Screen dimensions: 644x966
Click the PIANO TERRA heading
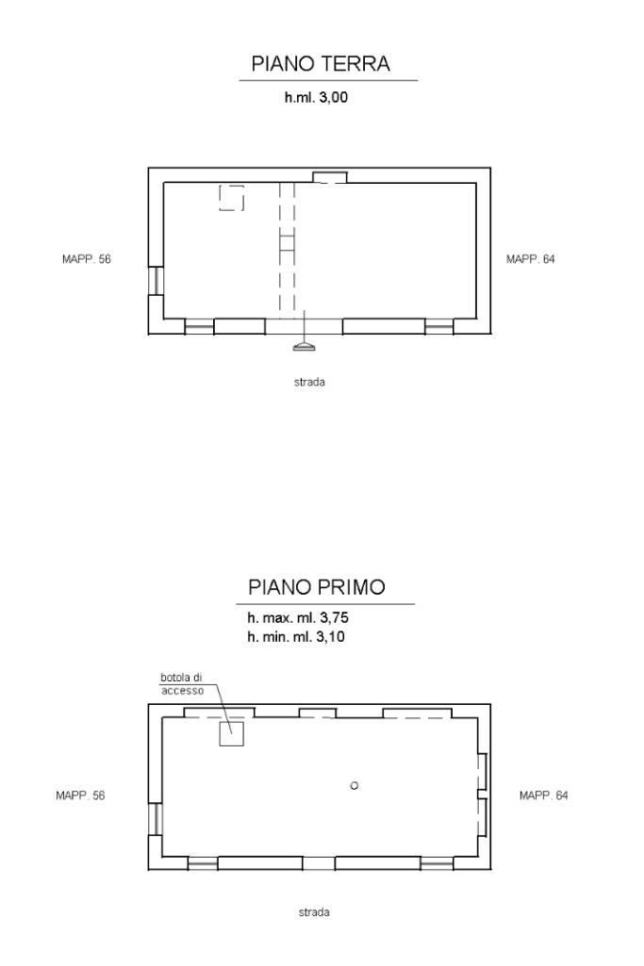[x=321, y=63]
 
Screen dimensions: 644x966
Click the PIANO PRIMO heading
[x=317, y=586]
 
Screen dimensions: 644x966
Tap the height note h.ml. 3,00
[x=316, y=97]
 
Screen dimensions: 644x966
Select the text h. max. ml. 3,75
[x=298, y=617]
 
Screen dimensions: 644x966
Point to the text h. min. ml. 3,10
[x=296, y=637]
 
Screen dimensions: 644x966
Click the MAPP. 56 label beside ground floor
[x=87, y=259]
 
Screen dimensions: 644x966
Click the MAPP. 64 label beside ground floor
[x=530, y=259]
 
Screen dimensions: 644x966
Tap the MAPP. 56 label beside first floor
[x=80, y=795]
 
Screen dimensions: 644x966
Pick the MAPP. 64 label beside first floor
[x=543, y=795]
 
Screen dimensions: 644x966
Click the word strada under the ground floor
[x=309, y=382]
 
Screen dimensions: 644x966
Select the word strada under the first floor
[x=314, y=912]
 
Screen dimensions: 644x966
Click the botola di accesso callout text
[x=182, y=684]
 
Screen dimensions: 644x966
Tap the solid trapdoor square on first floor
[x=232, y=734]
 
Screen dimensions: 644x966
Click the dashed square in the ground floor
[x=232, y=198]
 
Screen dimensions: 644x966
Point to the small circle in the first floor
[x=355, y=785]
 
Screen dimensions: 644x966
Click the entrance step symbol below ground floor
[x=305, y=347]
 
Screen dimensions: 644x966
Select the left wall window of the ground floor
[x=156, y=281]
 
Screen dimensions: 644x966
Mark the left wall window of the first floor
[x=156, y=819]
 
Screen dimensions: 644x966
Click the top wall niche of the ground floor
[x=330, y=177]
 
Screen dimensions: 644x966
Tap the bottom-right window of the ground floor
[x=438, y=326]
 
